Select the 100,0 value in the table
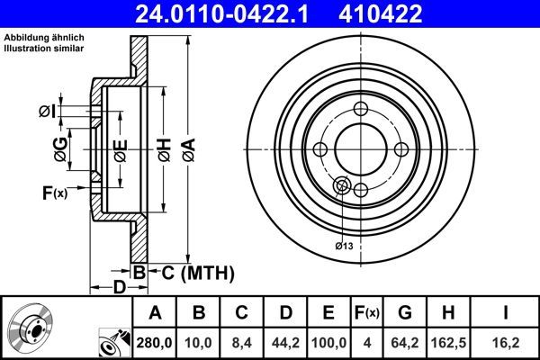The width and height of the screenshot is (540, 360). [x=329, y=342]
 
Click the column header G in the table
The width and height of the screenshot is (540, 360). [x=406, y=312]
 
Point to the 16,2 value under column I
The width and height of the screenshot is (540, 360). [x=506, y=342]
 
